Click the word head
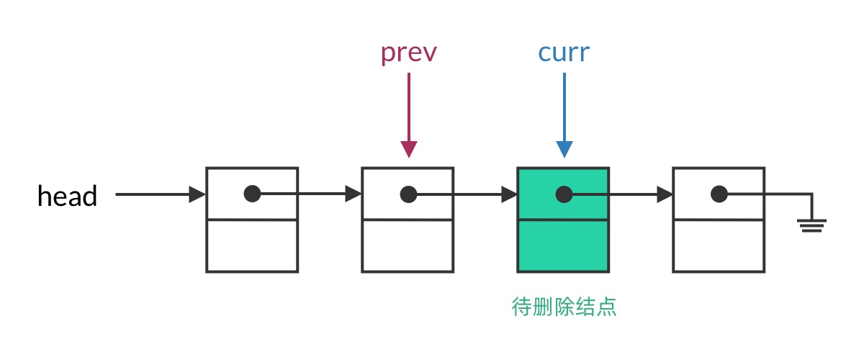[67, 196]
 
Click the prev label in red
[408, 53]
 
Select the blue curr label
[564, 53]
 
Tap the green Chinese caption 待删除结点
[564, 307]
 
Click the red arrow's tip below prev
[408, 152]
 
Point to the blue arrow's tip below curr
[564, 152]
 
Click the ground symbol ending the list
[811, 225]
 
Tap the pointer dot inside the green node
[564, 194]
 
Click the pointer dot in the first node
[252, 194]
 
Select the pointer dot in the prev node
[408, 194]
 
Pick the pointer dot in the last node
[719, 194]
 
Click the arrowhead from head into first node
[198, 194]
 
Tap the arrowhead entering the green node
[510, 194]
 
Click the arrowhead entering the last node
[665, 194]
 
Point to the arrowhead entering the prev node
[354, 194]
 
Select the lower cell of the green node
[563, 246]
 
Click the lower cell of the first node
[252, 246]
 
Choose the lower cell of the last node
[719, 246]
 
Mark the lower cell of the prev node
[408, 246]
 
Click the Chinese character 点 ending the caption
[608, 307]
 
